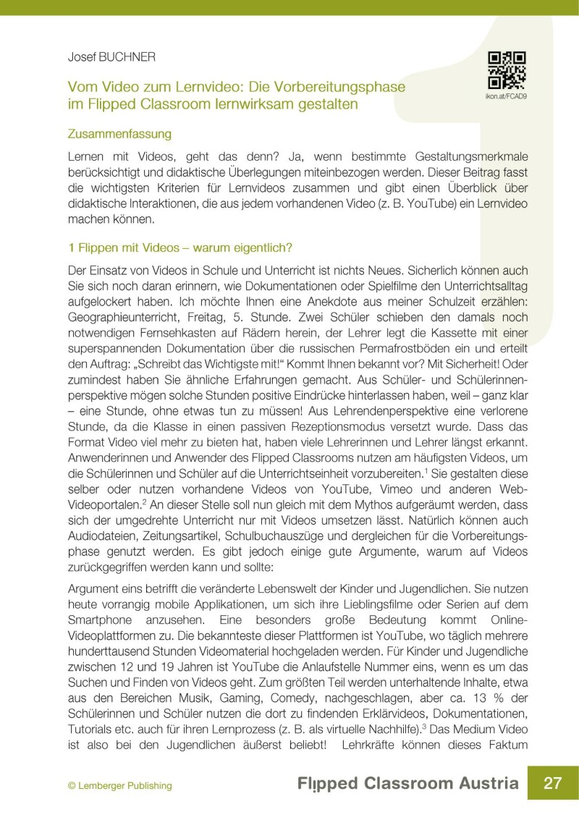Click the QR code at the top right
point(506,70)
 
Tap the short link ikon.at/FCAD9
point(506,95)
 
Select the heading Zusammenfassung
point(119,134)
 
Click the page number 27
point(553,784)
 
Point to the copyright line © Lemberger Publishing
point(120,785)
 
